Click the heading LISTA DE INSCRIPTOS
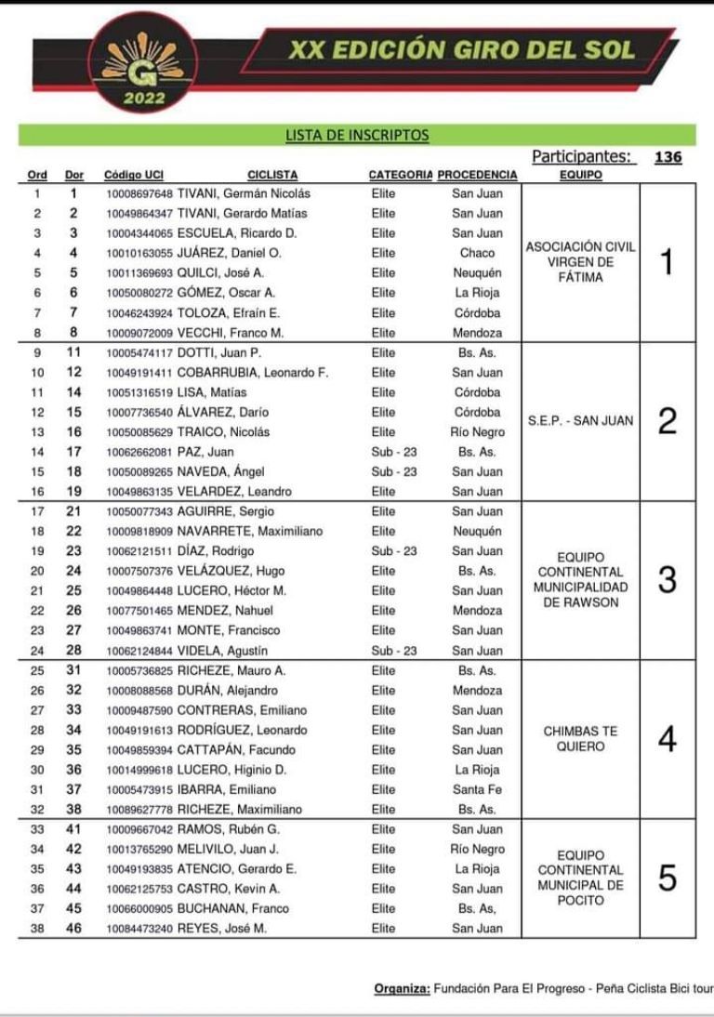pos(357,136)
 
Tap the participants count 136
pos(668,157)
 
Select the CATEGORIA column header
pos(400,175)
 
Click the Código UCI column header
pos(134,175)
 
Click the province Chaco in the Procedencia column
pos(477,253)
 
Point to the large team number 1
pos(666,264)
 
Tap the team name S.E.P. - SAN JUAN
pos(581,421)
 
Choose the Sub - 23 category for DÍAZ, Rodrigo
pos(394,551)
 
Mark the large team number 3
pos(666,580)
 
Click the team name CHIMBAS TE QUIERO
pos(581,739)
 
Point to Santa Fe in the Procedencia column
pos(477,789)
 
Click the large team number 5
pos(666,878)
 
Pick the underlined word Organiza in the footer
pos(402,987)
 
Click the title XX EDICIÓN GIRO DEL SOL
pos(461,50)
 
